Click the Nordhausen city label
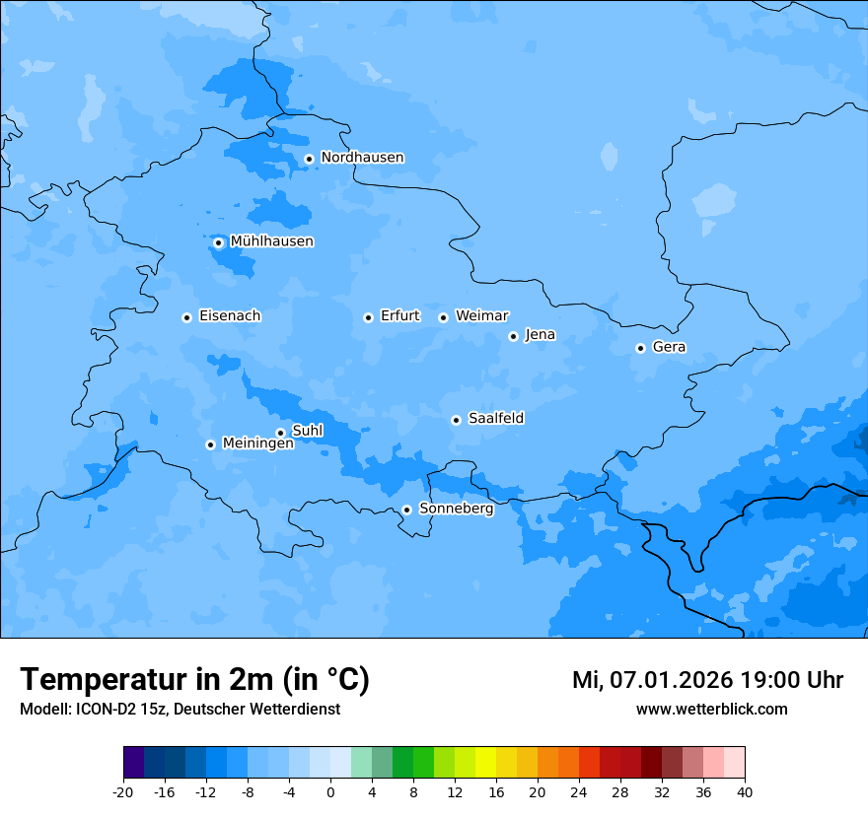362,158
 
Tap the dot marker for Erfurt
368,317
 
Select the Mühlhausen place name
271,241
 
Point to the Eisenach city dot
186,317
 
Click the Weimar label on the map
481,316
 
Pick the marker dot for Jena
513,336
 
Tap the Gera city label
669,347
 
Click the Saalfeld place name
496,419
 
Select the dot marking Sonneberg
406,510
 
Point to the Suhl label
308,431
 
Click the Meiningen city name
257,443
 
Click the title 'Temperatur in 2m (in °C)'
194,679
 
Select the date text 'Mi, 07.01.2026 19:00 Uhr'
707,680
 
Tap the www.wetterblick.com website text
711,709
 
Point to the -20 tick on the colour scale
123,791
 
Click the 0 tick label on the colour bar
330,791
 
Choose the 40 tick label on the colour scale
744,791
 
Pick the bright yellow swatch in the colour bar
485,763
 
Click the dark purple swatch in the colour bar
134,763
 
